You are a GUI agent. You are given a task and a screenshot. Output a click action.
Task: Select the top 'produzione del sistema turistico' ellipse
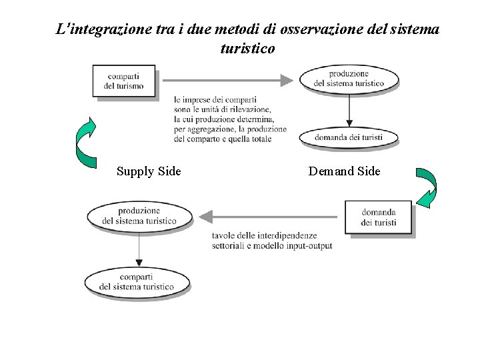(349, 78)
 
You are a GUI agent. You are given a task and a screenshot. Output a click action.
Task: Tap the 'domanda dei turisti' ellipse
(349, 137)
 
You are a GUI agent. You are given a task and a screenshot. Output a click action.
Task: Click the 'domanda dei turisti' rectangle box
(378, 217)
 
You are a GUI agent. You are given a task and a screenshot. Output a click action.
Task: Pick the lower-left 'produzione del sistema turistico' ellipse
(139, 216)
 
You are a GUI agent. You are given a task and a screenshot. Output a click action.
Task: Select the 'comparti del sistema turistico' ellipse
(137, 281)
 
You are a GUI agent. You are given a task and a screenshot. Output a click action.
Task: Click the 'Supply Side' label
(149, 171)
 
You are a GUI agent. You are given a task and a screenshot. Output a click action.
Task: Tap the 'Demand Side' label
(344, 171)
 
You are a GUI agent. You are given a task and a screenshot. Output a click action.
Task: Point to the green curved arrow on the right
(427, 187)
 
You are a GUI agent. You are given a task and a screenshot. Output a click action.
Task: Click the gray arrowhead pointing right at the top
(287, 81)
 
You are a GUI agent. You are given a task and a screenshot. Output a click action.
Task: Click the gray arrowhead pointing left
(206, 217)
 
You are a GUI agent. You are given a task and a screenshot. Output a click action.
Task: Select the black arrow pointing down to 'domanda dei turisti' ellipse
(349, 110)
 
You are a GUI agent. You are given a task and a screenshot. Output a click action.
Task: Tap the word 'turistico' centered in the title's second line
(247, 49)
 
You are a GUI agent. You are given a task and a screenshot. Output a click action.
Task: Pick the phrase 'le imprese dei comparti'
(215, 100)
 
